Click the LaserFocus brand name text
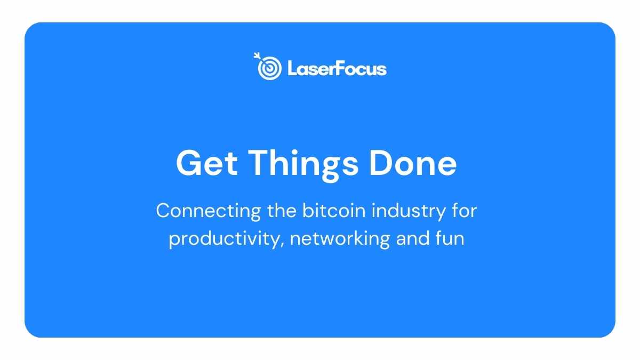coord(337,69)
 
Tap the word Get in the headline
coord(207,163)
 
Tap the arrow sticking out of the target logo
coord(257,55)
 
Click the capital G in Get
coord(188,163)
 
